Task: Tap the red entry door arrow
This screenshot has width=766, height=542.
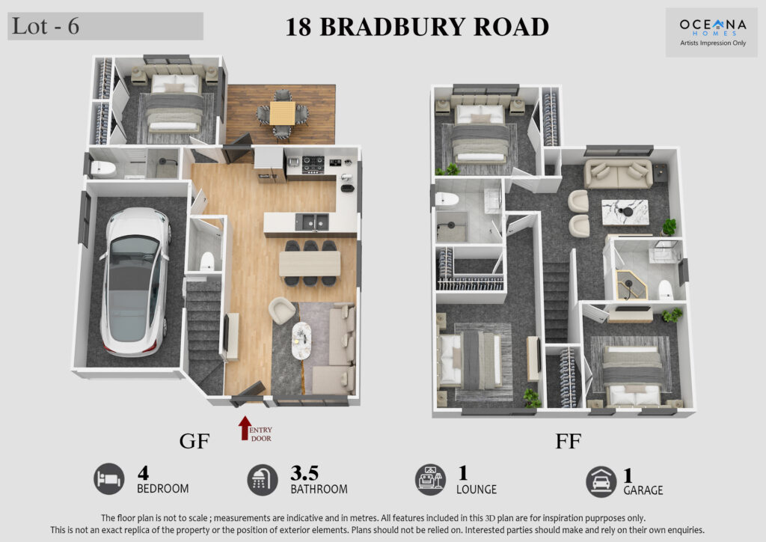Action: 245,427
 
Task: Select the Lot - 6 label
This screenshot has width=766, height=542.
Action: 46,26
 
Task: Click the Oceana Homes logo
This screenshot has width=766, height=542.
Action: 713,31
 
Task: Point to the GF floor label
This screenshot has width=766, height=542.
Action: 194,442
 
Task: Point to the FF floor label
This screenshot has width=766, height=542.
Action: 569,442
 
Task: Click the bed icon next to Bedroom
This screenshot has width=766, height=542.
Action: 109,479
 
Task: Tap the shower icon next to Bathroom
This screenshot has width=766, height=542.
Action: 263,480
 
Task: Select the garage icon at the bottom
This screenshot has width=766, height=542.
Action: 601,482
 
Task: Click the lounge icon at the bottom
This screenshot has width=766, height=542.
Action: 430,480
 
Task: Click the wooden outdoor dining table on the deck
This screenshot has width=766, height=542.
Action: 282,113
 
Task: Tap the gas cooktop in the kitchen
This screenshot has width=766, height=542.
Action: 313,165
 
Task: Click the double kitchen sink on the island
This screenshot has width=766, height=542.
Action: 312,222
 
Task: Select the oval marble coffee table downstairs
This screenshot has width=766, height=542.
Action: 301,341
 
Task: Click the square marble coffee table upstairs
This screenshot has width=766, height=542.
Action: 625,212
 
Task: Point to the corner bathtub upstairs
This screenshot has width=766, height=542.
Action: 631,283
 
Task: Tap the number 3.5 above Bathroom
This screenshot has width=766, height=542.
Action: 304,472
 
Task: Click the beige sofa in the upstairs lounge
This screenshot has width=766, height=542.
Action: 619,174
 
